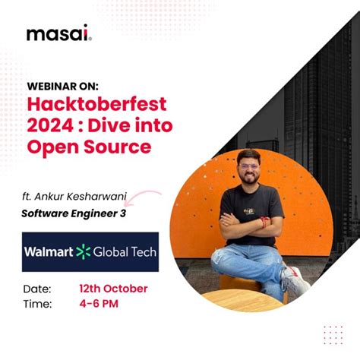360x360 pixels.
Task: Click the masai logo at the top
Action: pyautogui.click(x=58, y=35)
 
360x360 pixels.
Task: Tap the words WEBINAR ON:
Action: pyautogui.click(x=63, y=86)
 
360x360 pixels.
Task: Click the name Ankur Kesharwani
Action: pyautogui.click(x=91, y=198)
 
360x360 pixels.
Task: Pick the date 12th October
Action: pyautogui.click(x=113, y=289)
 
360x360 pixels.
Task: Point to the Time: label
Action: pyautogui.click(x=37, y=304)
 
